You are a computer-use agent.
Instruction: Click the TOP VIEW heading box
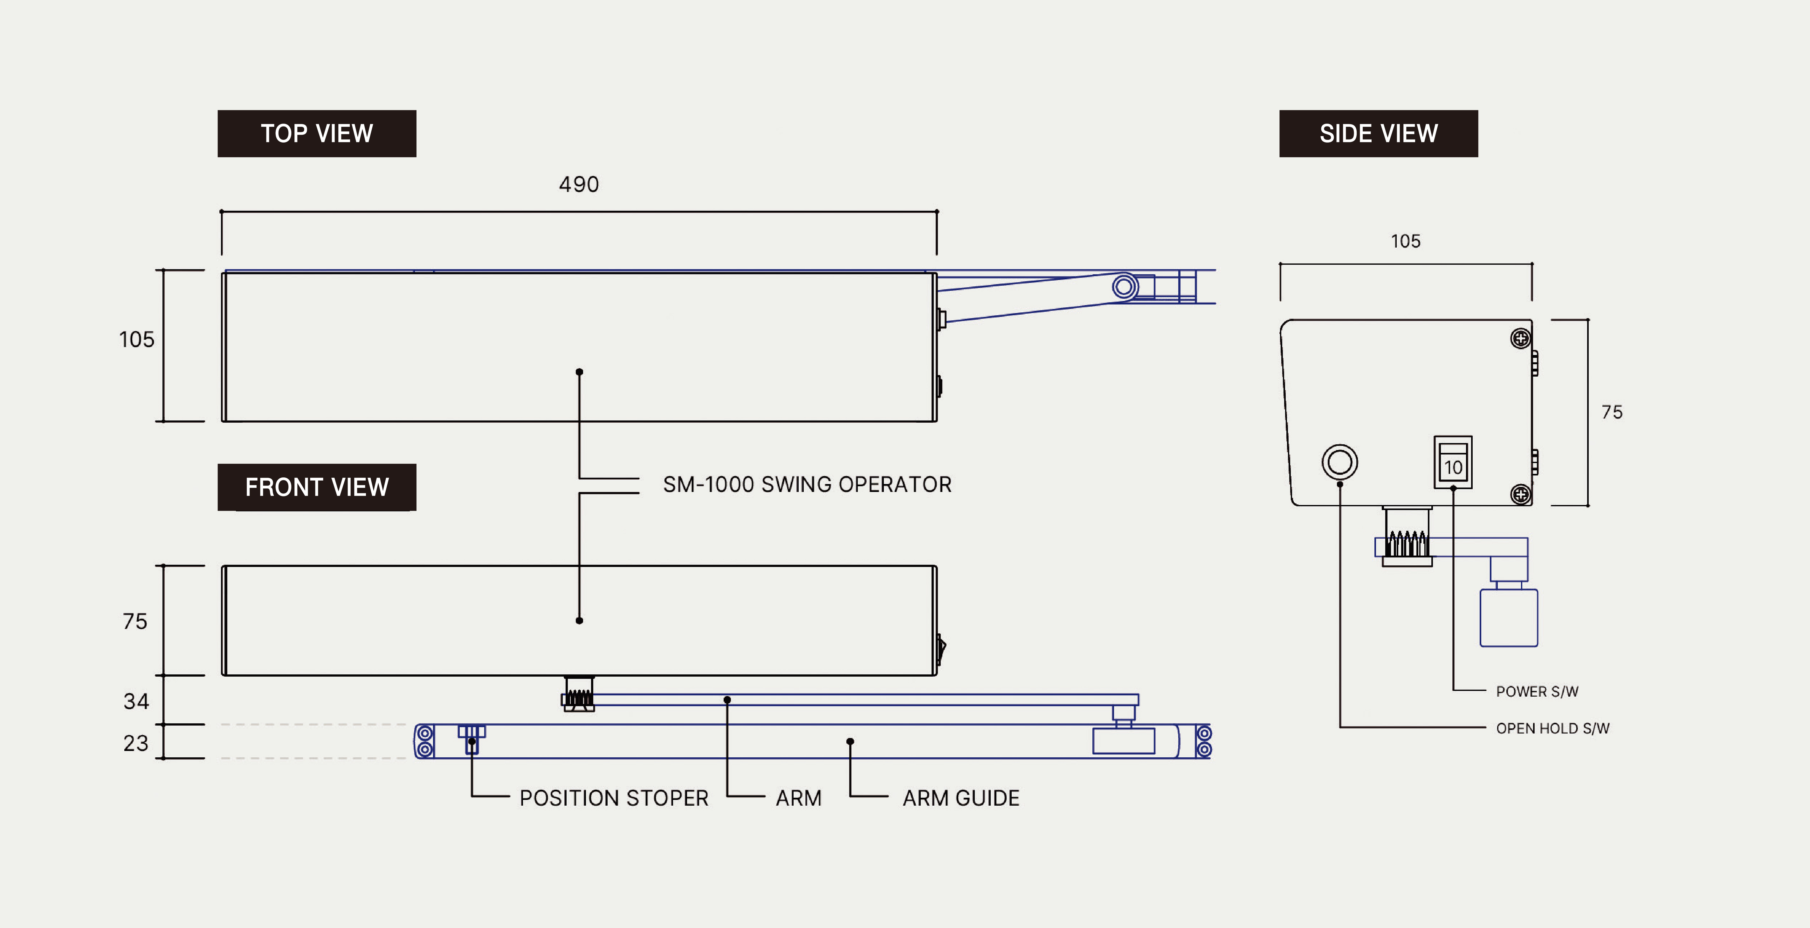point(317,133)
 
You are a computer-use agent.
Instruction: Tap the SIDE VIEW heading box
point(1379,133)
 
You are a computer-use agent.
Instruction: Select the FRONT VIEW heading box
point(317,487)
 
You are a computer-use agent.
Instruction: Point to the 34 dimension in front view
point(136,701)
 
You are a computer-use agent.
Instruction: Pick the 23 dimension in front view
point(136,743)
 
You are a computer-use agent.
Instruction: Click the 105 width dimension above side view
point(1405,241)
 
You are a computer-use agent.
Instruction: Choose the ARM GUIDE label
point(960,798)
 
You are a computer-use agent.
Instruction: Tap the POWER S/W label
point(1538,691)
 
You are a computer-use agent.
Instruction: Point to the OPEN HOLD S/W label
point(1553,728)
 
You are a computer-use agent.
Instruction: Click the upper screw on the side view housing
point(1520,338)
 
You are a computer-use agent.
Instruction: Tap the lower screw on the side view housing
point(1520,495)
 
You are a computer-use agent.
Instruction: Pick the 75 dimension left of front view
point(135,621)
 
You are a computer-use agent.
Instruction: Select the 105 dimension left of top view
point(136,339)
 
